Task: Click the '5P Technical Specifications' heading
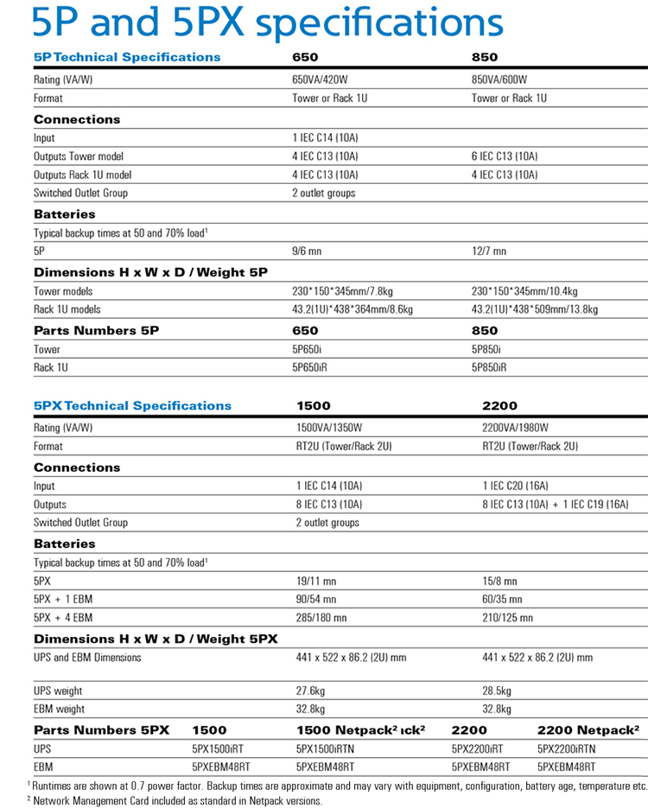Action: [x=127, y=58]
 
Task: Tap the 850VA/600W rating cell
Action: [x=499, y=80]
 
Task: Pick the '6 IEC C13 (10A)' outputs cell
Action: [x=505, y=156]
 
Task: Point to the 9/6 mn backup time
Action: [x=307, y=251]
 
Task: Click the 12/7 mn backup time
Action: [x=489, y=251]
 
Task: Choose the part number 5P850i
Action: [x=487, y=349]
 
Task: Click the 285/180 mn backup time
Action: [x=321, y=618]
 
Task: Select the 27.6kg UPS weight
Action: [x=310, y=690]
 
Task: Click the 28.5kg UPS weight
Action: [x=496, y=690]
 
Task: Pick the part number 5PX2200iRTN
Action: [x=566, y=748]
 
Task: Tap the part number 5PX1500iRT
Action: [x=220, y=748]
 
